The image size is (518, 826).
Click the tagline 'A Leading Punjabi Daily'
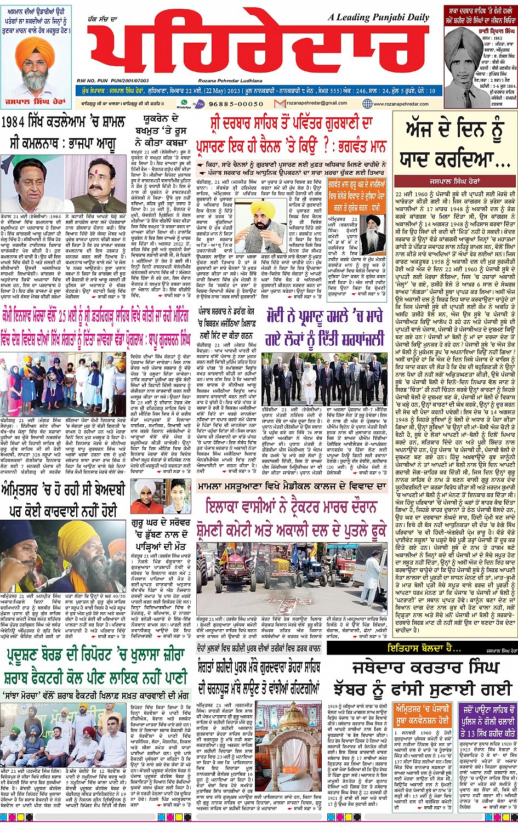tap(378, 18)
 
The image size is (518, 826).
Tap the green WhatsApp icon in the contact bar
tap(184, 102)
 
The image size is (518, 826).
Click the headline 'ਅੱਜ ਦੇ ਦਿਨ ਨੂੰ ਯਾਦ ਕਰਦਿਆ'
tap(453, 146)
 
